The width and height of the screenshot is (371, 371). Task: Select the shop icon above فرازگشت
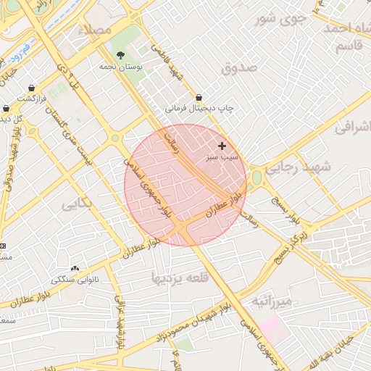(32, 87)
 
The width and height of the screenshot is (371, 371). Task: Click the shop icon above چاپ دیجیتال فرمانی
(199, 97)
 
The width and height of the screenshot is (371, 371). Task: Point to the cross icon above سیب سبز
(222, 146)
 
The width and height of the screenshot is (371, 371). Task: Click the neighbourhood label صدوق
(240, 67)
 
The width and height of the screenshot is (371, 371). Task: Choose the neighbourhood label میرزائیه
(270, 300)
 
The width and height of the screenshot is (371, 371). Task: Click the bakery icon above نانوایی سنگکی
(75, 269)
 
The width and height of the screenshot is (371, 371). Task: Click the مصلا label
(99, 30)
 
